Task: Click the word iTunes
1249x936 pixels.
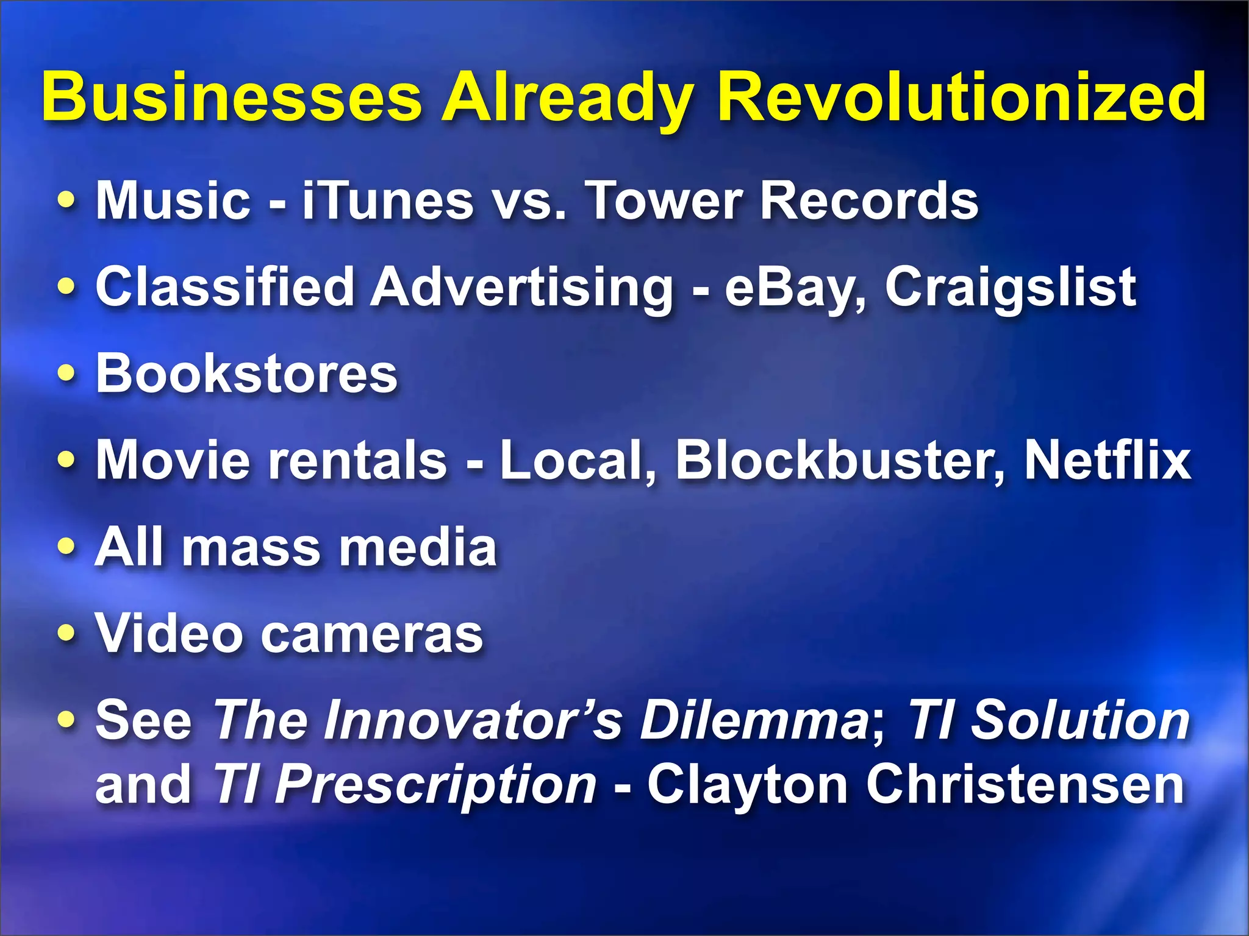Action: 388,200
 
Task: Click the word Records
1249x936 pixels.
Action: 869,200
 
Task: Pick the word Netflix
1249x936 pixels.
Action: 1107,461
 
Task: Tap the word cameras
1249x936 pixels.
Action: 372,634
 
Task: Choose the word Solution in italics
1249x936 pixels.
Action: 1079,721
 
